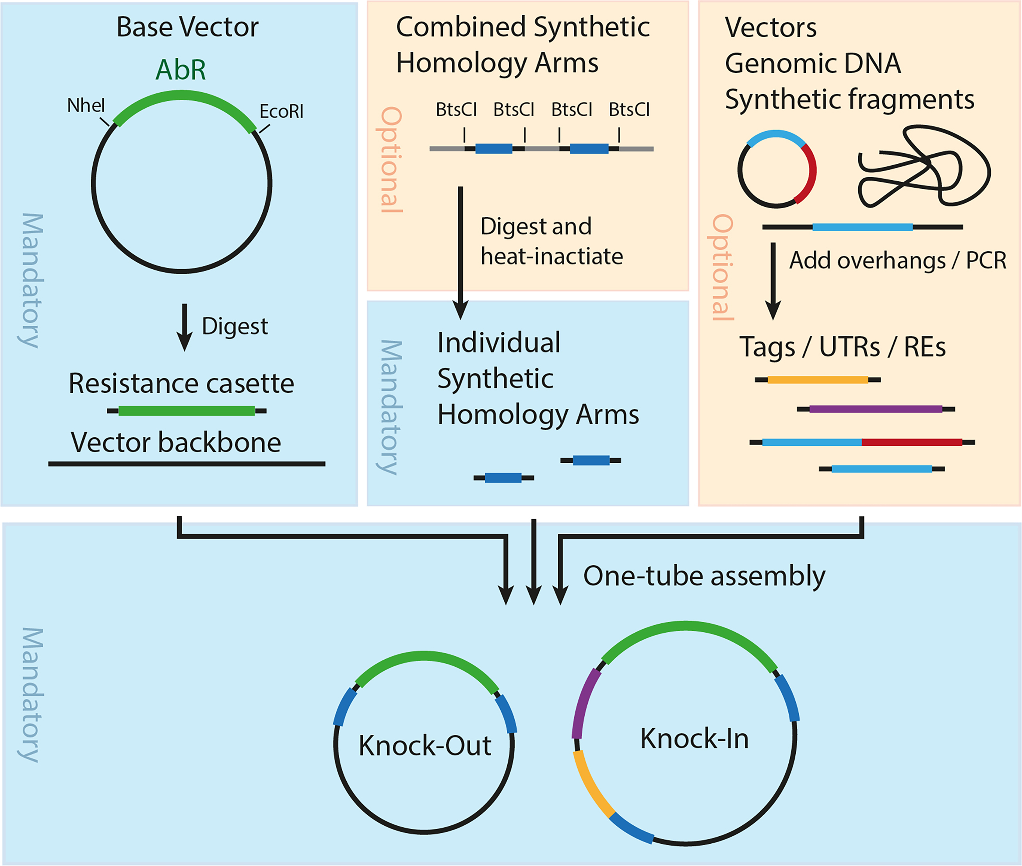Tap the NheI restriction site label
click(86, 105)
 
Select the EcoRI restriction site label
click(281, 111)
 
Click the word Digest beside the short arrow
click(234, 326)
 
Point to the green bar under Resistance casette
click(186, 411)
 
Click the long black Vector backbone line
click(186, 463)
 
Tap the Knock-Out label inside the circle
click(424, 746)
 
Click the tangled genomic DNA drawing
click(923, 167)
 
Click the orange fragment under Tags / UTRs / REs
click(817, 379)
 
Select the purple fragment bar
click(875, 409)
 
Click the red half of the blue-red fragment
click(911, 442)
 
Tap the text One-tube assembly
click(704, 576)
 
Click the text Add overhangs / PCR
click(897, 260)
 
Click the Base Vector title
click(187, 27)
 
